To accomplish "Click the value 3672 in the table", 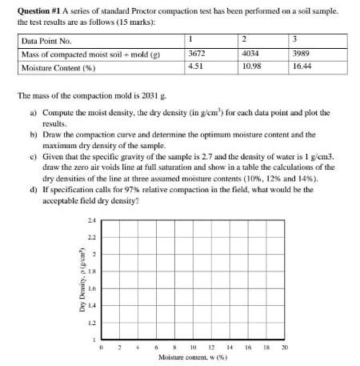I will click(x=195, y=53).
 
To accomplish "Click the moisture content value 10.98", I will click(x=250, y=67).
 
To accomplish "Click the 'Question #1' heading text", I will click(x=42, y=11).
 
